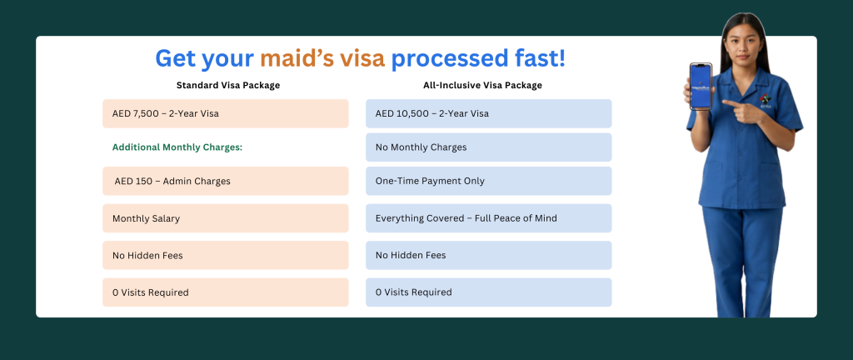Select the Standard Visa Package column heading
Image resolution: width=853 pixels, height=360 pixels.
coord(228,85)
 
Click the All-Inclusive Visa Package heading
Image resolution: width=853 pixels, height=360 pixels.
coord(482,85)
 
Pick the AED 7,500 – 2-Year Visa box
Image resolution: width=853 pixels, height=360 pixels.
coord(225,113)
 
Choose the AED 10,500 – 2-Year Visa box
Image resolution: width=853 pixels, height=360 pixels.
coord(488,113)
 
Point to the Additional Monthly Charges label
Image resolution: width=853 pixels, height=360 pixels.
coord(177,147)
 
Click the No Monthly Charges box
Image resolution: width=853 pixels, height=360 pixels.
coord(488,147)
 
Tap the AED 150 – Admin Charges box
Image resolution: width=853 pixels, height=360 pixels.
coord(225,181)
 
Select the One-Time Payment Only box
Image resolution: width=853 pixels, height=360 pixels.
coord(488,181)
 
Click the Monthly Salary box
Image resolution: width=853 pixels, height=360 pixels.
coord(225,218)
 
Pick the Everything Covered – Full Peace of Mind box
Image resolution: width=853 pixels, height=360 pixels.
coord(488,218)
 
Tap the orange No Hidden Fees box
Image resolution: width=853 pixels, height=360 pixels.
coord(225,255)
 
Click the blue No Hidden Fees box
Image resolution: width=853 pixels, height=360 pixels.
coord(488,255)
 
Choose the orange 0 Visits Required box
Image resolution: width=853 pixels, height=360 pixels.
coord(225,292)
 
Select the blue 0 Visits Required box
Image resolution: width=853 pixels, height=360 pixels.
coord(488,292)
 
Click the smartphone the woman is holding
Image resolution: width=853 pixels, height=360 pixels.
coord(701,87)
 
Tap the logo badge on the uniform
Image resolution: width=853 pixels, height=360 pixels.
coord(766,101)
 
